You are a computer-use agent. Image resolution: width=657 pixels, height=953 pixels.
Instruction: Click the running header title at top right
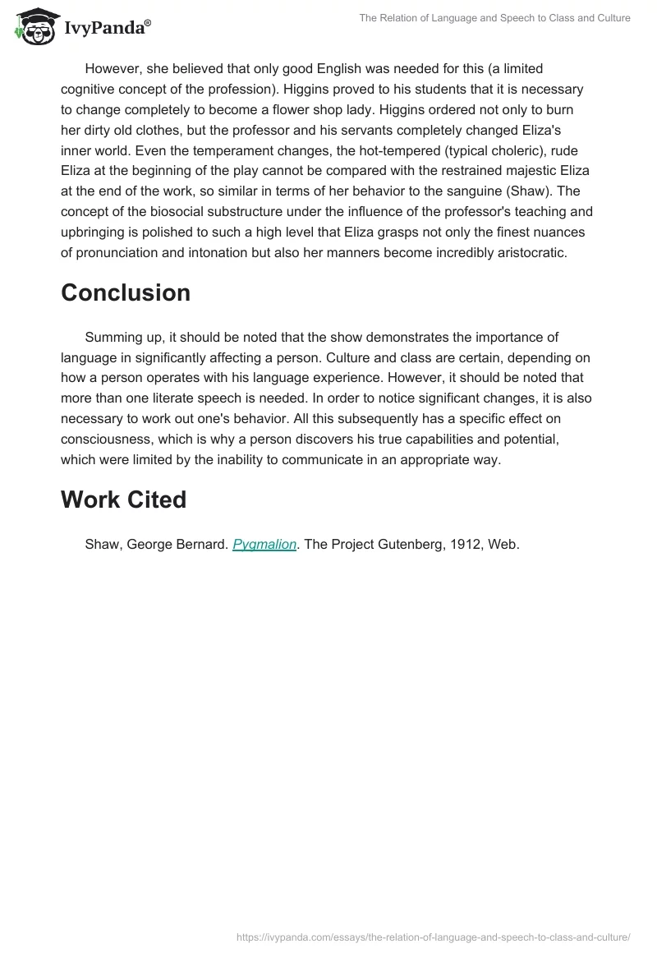pyautogui.click(x=494, y=18)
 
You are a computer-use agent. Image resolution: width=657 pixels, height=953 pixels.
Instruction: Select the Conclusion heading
pyautogui.click(x=125, y=292)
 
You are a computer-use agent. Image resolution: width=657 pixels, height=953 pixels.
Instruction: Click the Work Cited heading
pyautogui.click(x=123, y=500)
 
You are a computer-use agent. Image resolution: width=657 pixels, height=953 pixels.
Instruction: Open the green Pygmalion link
pyautogui.click(x=264, y=544)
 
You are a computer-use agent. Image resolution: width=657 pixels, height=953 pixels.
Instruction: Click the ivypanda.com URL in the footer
pyautogui.click(x=433, y=937)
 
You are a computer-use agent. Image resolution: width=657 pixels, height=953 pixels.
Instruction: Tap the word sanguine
pyautogui.click(x=490, y=191)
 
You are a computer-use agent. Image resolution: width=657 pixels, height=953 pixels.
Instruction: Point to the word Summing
pyautogui.click(x=113, y=337)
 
